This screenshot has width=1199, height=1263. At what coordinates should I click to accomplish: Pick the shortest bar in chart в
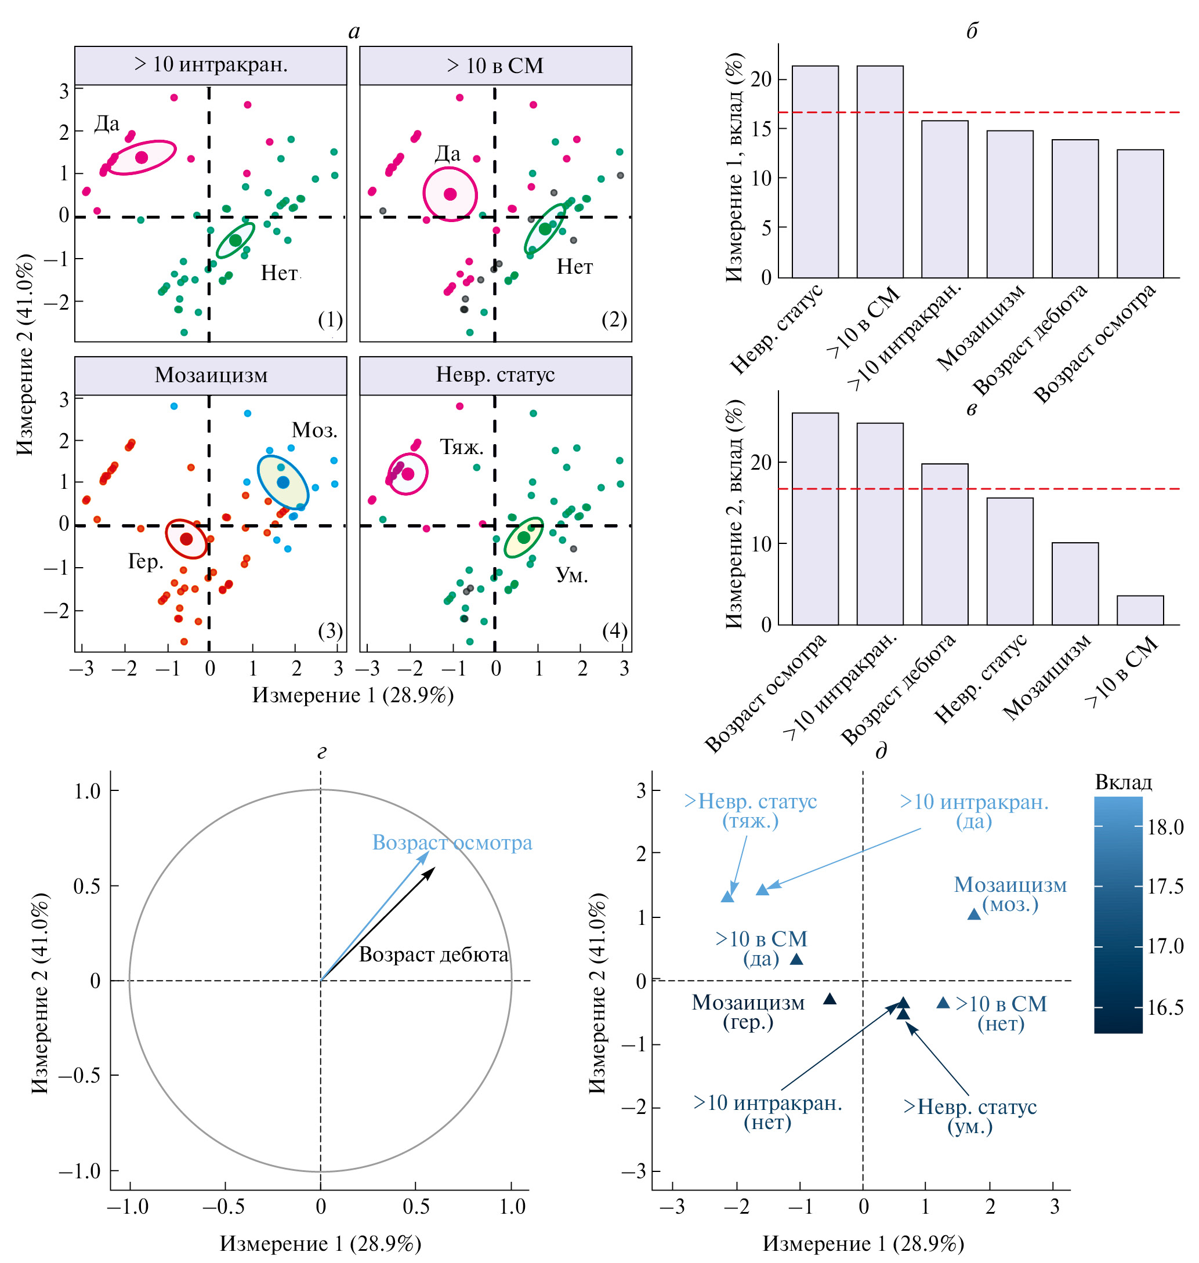point(1140,610)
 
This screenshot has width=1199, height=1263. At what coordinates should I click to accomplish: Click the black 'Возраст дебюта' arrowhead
point(433,869)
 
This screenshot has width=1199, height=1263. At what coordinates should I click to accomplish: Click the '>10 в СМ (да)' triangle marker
point(796,959)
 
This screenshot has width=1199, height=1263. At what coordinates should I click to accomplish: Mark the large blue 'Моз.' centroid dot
point(283,482)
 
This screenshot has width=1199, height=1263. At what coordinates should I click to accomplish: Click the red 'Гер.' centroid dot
point(186,539)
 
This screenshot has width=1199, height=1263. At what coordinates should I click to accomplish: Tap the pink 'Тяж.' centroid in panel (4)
point(408,473)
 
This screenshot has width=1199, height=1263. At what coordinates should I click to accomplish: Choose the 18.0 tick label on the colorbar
point(1165,828)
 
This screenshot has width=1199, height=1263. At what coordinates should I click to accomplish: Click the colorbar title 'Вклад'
point(1123,783)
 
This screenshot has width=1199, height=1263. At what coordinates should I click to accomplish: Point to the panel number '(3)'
point(331,631)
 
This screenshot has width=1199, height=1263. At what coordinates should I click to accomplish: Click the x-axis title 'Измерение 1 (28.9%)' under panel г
point(320,1243)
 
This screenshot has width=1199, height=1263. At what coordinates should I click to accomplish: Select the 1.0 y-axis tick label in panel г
point(88,792)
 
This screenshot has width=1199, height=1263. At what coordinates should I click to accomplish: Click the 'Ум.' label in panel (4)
point(571,575)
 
